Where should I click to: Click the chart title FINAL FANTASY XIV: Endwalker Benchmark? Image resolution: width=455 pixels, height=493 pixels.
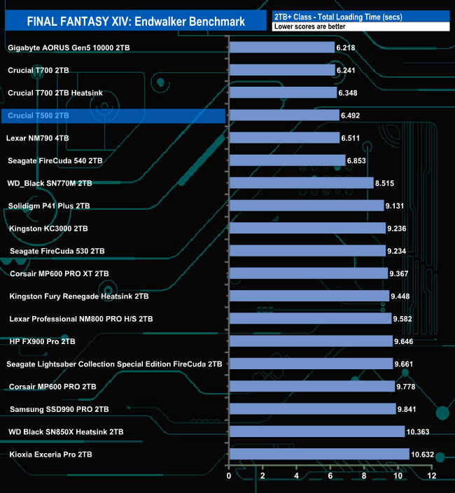coord(136,21)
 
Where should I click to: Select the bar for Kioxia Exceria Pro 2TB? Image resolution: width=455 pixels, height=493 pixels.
coord(319,454)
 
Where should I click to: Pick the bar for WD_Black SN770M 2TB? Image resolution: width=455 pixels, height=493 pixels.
coord(301,183)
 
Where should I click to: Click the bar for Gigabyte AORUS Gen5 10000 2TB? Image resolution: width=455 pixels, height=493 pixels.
coord(282,48)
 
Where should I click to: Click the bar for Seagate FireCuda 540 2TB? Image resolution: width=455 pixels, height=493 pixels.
coord(287,161)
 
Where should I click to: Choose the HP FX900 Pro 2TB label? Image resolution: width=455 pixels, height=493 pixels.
coord(42,341)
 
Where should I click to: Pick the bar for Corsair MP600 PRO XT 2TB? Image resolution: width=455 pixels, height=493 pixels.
coord(309,273)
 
